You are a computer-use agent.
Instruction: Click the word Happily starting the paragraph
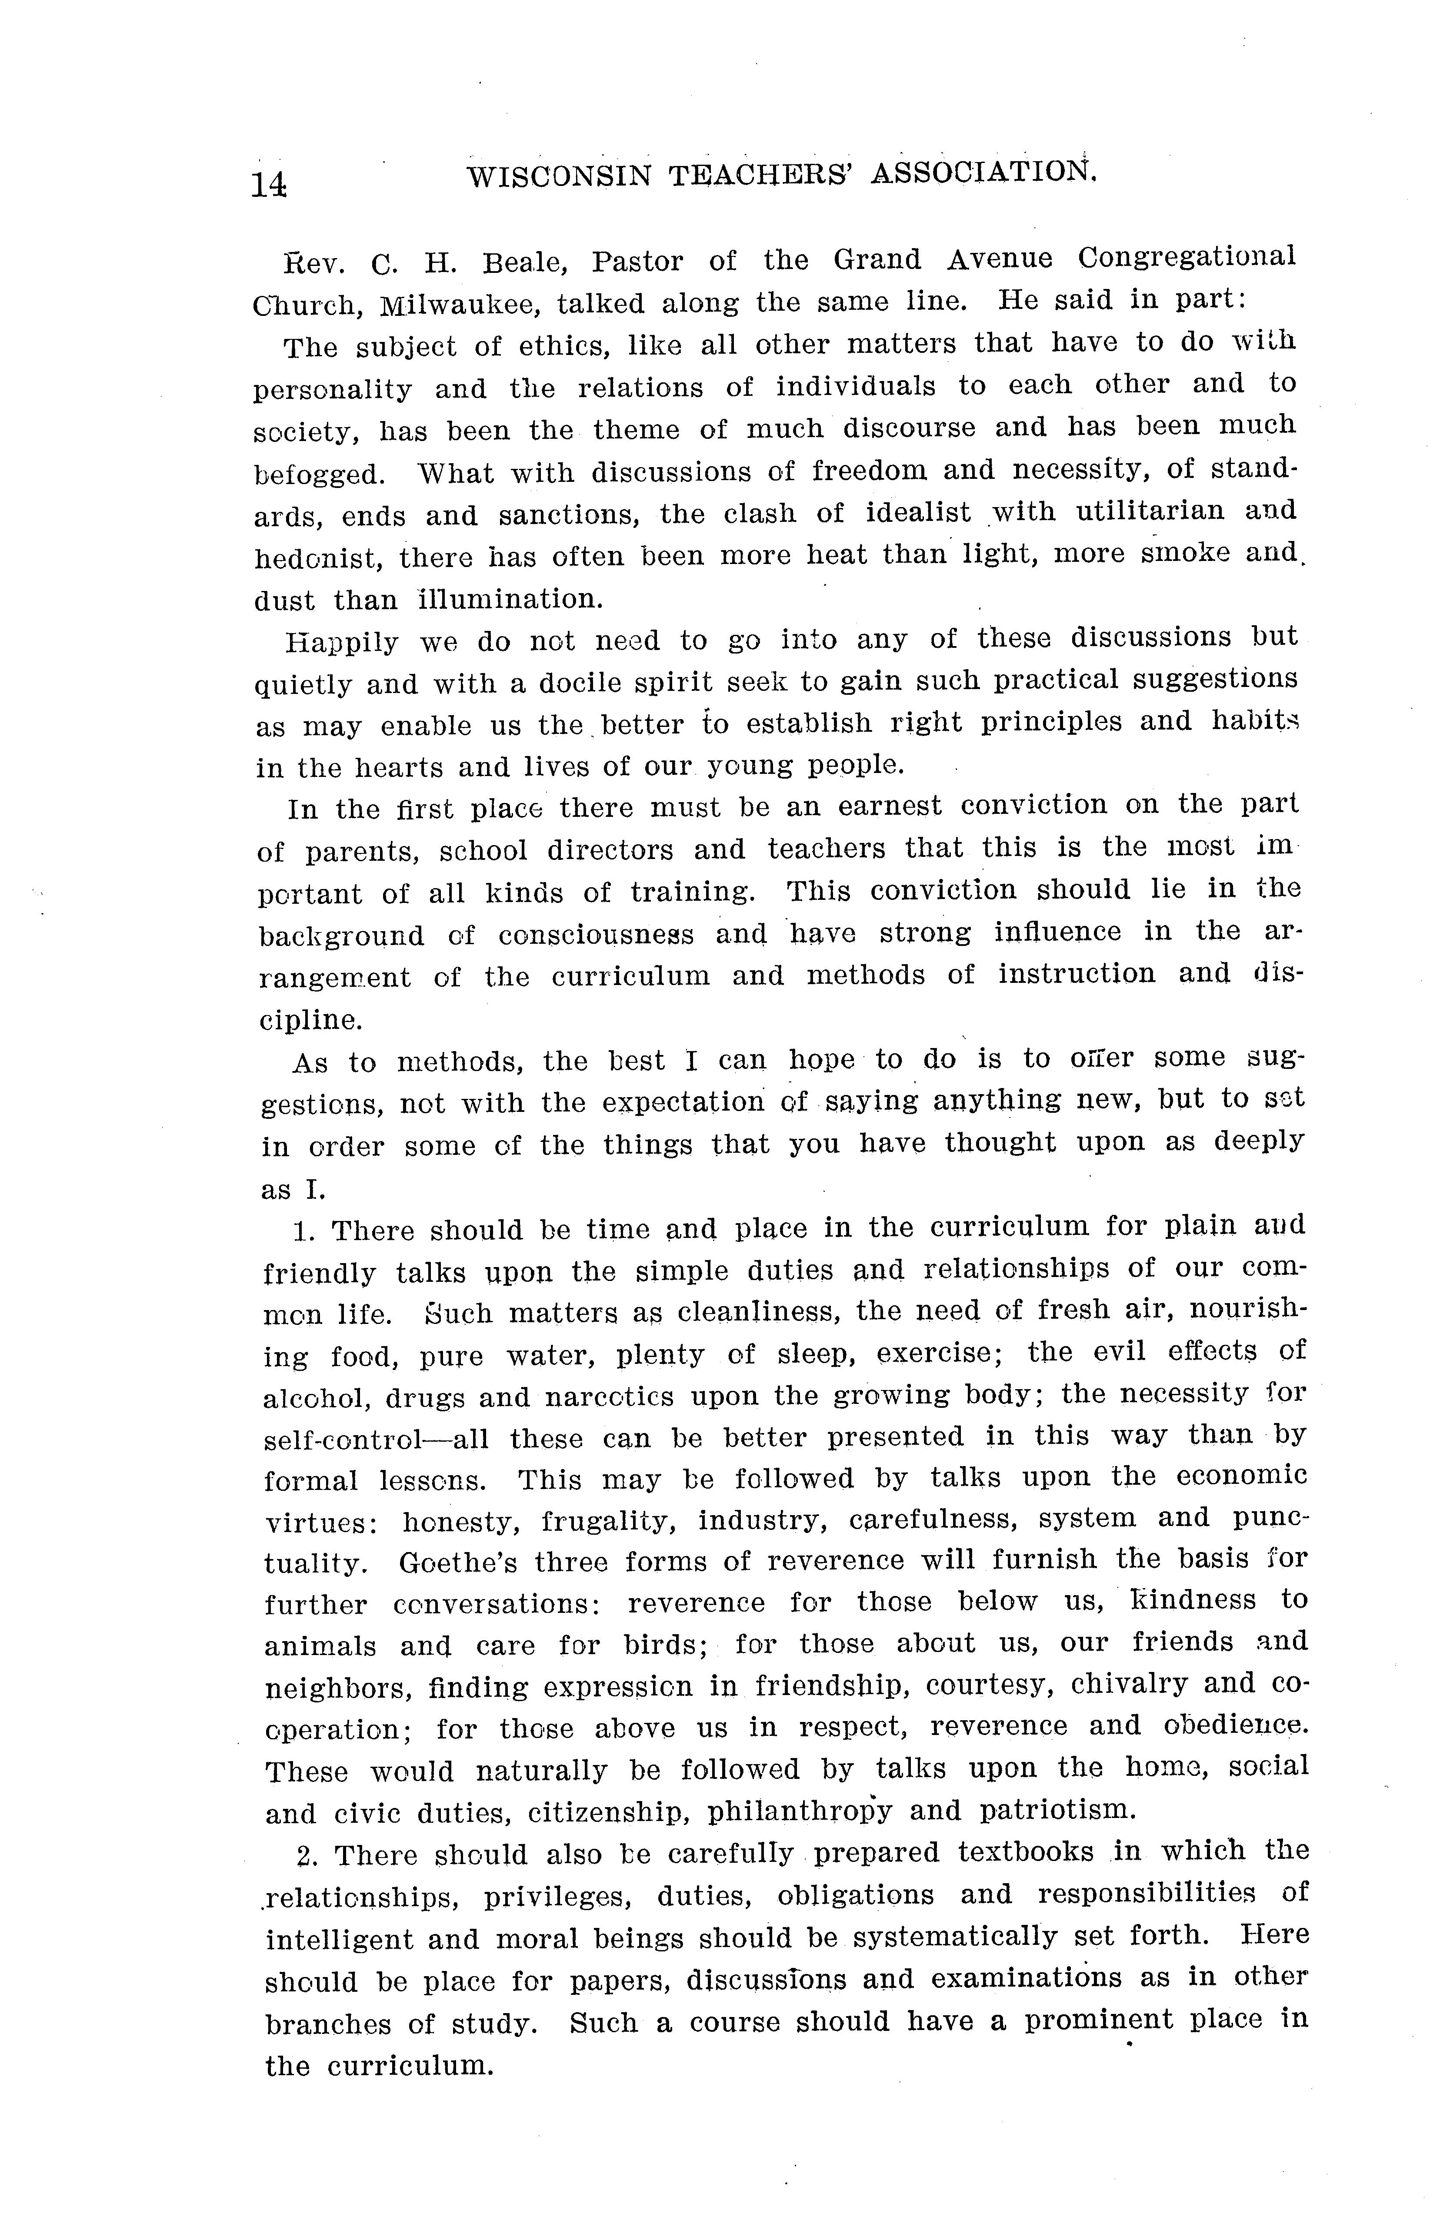[x=341, y=643]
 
